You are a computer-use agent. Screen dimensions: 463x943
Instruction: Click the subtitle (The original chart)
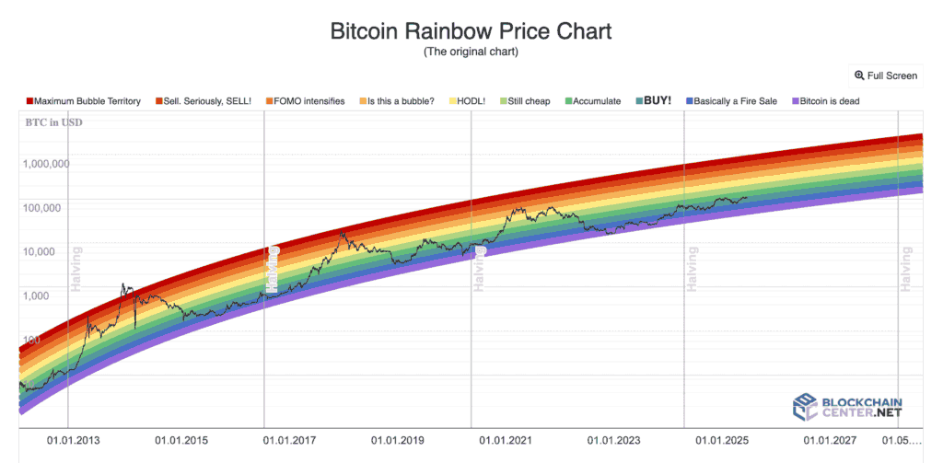471,52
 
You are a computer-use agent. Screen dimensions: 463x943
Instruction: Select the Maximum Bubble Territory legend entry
84,101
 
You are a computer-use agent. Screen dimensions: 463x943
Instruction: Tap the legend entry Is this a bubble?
397,101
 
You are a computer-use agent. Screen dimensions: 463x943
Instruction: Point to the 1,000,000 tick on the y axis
45,165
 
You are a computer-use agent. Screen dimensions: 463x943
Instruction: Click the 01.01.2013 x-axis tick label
74,441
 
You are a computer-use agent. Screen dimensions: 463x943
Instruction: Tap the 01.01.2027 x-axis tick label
830,441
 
